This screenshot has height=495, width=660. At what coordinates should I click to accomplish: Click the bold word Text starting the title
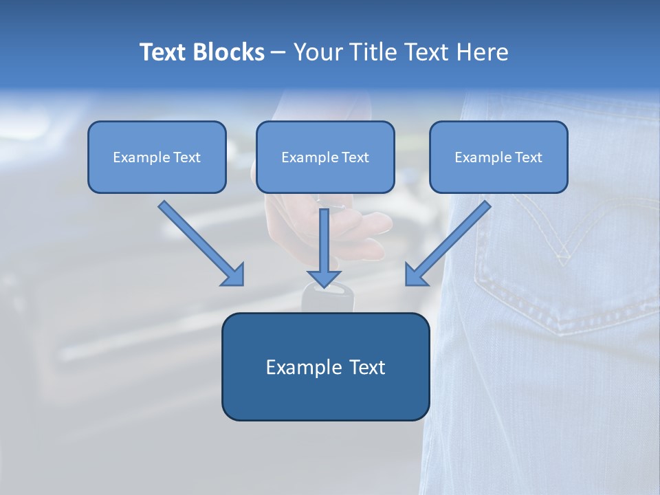click(163, 52)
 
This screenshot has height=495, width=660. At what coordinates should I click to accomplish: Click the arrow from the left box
click(203, 244)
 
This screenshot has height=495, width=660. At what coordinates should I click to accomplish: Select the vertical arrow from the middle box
click(324, 247)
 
